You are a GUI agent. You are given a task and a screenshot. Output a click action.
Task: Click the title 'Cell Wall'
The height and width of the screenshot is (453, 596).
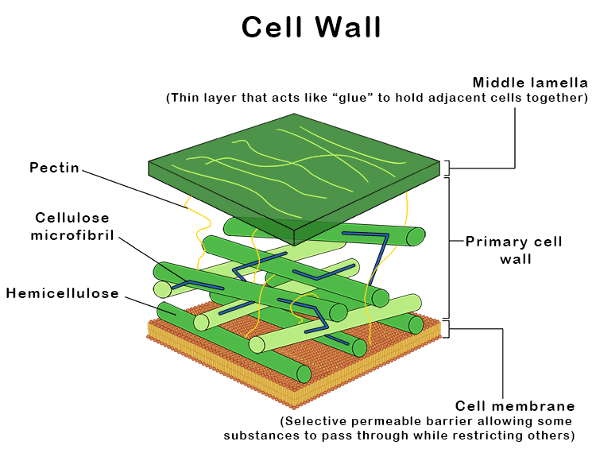(312, 27)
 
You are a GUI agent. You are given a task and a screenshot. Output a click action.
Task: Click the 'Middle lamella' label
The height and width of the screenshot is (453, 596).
(530, 82)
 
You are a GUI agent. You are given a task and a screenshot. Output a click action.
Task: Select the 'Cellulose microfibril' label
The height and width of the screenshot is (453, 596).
(72, 226)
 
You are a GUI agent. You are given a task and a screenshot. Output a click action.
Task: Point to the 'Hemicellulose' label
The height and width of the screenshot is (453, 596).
(63, 293)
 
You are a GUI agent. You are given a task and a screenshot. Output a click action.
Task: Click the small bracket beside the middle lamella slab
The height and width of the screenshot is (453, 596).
(447, 167)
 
